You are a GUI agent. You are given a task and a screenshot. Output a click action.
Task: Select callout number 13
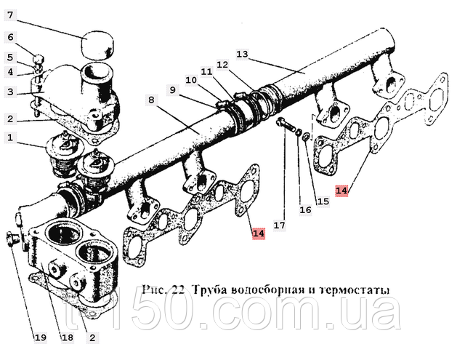click(x=242, y=55)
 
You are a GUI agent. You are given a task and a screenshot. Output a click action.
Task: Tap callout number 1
click(x=10, y=137)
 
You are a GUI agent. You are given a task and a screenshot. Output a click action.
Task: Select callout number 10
click(x=190, y=79)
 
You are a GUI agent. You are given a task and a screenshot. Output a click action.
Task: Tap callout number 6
click(x=10, y=37)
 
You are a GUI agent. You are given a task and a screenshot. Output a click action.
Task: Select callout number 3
click(x=10, y=92)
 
